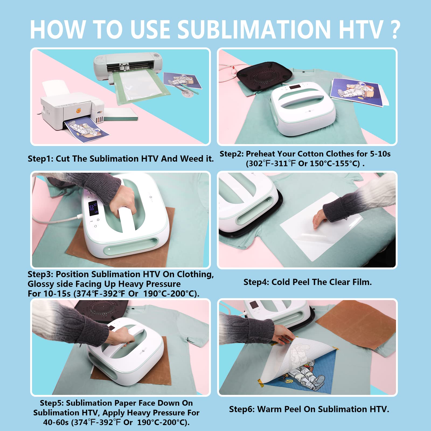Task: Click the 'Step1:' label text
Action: click(x=41, y=159)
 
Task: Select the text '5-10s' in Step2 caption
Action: click(x=380, y=154)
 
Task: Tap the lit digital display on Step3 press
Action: click(x=93, y=208)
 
